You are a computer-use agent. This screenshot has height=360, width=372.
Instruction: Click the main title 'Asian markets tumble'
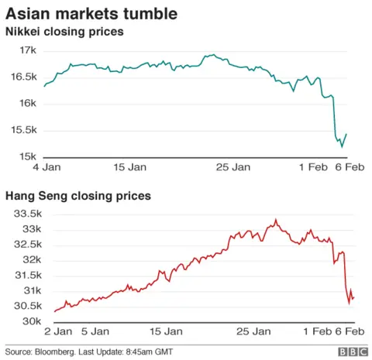pos(91,13)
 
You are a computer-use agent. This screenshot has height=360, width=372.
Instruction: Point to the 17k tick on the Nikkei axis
pos(28,50)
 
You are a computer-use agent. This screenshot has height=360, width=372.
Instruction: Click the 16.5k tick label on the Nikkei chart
pos(23,77)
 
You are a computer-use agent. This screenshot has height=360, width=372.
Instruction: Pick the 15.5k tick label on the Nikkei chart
pos(23,130)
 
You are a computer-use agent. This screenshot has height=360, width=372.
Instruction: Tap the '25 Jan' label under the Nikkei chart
pos(232,167)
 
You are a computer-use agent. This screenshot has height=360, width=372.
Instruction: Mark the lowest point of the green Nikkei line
pos(342,146)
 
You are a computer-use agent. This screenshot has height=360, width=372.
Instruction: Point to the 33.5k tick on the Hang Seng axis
pos(23,214)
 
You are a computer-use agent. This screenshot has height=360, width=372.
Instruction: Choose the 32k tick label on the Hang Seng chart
pos(28,259)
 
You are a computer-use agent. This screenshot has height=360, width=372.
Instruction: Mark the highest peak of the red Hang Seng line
pos(275,220)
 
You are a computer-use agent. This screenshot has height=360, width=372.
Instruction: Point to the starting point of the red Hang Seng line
pos(54,312)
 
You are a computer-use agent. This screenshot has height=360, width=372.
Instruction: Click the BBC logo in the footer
pos(350,351)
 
